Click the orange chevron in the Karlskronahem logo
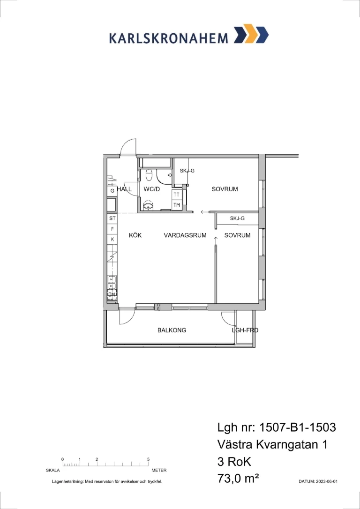[x=250, y=33]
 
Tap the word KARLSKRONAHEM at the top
[x=168, y=38]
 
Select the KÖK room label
[x=135, y=235]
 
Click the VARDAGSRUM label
[x=185, y=235]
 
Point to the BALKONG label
[x=172, y=330]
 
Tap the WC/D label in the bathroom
[x=151, y=189]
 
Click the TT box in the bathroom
[x=177, y=195]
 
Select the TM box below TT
[x=177, y=205]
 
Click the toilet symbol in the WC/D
[x=149, y=175]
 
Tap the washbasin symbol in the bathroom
[x=149, y=205]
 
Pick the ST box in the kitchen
[x=112, y=218]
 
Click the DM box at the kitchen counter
[x=112, y=294]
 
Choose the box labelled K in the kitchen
[x=112, y=239]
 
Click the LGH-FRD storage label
[x=245, y=330]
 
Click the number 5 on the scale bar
[x=148, y=459]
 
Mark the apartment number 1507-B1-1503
[x=298, y=427]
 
